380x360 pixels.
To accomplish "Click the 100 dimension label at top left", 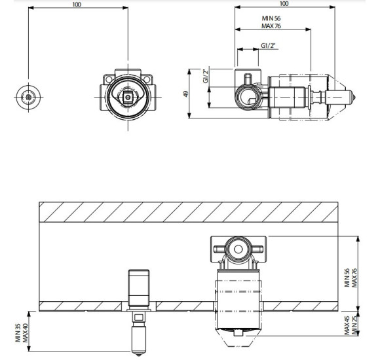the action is coord(77,5).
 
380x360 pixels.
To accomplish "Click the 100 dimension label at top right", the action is coord(284,4).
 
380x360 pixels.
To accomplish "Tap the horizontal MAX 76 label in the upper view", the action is coord(271,26).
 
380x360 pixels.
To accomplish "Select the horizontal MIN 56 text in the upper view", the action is coord(271,18).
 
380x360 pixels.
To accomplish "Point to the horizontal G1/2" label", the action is coord(268,46).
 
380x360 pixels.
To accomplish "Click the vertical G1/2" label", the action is coord(206,76).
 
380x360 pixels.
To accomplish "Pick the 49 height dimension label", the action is coord(185,94).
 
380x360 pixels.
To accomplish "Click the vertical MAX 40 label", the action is coord(25,333).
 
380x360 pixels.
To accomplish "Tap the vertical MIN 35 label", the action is coord(18,333).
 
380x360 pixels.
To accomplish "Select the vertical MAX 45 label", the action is coord(347,325).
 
